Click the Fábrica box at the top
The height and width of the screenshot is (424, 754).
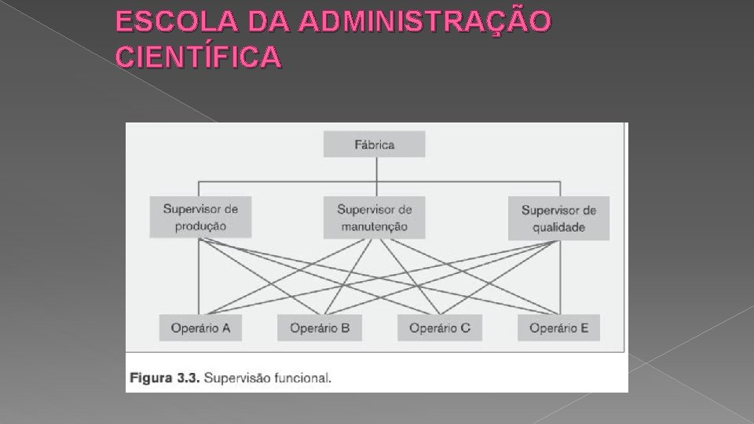[x=375, y=144]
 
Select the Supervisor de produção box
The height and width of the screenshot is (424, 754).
[x=200, y=217]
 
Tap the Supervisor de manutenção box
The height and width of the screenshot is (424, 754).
[x=375, y=217]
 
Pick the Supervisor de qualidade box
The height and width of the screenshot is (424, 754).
[x=558, y=219]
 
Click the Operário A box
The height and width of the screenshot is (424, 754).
[x=200, y=328]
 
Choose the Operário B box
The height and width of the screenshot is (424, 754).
[x=319, y=328]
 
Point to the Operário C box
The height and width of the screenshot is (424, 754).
[x=439, y=328]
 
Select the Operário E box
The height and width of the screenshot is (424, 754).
[x=558, y=328]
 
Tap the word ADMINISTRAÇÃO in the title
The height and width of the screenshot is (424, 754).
[x=425, y=23]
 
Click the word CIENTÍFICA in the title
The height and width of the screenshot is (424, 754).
[x=198, y=57]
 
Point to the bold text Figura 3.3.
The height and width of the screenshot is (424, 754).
[x=164, y=378]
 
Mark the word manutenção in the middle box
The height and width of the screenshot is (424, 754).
[x=375, y=226]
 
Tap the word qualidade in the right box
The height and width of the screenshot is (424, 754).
[x=558, y=228]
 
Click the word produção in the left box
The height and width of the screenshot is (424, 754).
[x=200, y=226]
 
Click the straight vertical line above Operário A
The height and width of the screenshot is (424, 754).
[x=199, y=283]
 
